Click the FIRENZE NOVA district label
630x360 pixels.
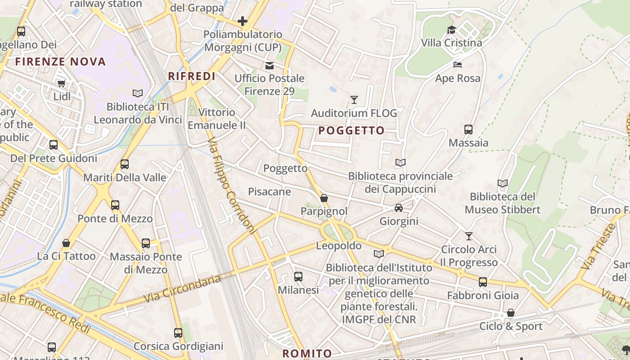[61, 62]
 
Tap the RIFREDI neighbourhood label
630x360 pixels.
[192, 76]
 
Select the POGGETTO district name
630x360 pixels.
[351, 131]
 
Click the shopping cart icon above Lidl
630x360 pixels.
[62, 83]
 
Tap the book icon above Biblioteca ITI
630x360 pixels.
[138, 93]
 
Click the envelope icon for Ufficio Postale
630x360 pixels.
[270, 65]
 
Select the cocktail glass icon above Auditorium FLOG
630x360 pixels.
[354, 100]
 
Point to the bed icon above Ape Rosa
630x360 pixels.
[458, 65]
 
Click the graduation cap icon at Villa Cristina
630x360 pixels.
[451, 30]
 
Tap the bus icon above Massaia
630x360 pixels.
[468, 130]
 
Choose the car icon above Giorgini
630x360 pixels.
[399, 207]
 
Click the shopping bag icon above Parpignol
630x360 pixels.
[324, 198]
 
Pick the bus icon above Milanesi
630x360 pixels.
[298, 277]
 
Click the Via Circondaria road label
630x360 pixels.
[182, 289]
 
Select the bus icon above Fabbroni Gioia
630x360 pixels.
[483, 282]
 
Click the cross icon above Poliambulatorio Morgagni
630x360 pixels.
[243, 21]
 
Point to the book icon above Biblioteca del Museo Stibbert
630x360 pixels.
[502, 183]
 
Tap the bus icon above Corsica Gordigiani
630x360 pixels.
[178, 333]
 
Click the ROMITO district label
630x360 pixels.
[307, 353]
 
